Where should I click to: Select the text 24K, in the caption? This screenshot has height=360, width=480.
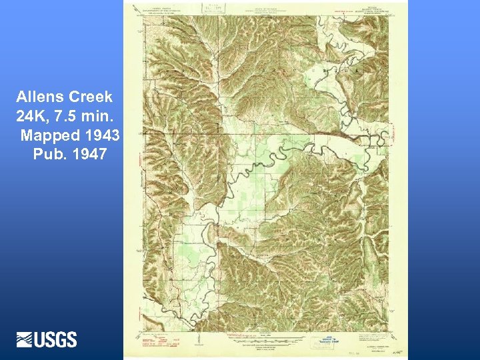(33, 117)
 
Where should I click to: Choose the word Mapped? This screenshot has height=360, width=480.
(50, 136)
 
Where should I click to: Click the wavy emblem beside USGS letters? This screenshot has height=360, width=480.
(25, 339)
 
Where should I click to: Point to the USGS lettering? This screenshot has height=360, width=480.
(56, 339)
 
